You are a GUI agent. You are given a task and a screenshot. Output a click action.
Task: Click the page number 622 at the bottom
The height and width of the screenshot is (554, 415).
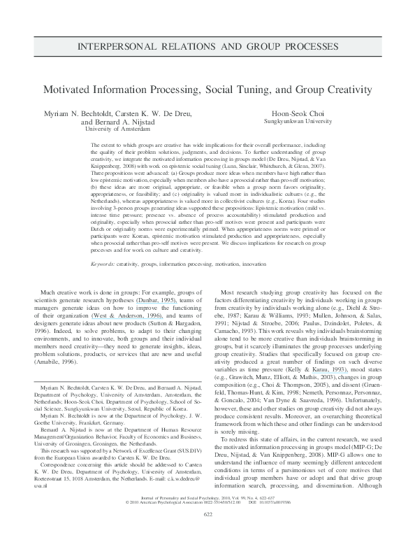coord(207,535)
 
